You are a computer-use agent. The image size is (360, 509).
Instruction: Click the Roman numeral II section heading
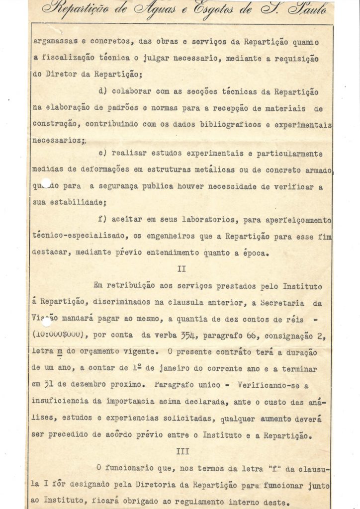[x=181, y=269]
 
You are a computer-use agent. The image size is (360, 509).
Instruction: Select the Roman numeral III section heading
[x=181, y=451]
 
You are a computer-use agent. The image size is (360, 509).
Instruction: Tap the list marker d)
[x=104, y=92]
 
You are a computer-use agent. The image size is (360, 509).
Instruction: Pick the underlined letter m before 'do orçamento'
[x=60, y=351]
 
